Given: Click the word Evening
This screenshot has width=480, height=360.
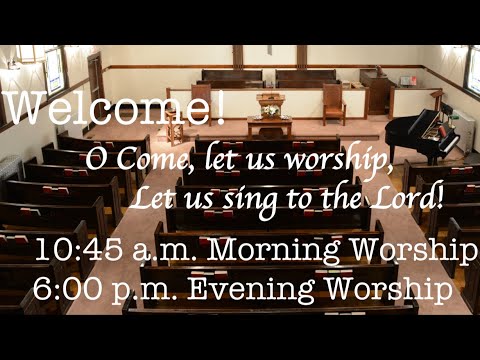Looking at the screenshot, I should click(254, 291).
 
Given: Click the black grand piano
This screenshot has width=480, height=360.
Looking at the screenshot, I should click(426, 130).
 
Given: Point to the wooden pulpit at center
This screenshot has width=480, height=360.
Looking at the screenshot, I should click(270, 101).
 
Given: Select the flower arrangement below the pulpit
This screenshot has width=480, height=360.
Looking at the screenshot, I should click(270, 111).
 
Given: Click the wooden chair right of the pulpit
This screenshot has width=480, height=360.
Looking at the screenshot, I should click(333, 102).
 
